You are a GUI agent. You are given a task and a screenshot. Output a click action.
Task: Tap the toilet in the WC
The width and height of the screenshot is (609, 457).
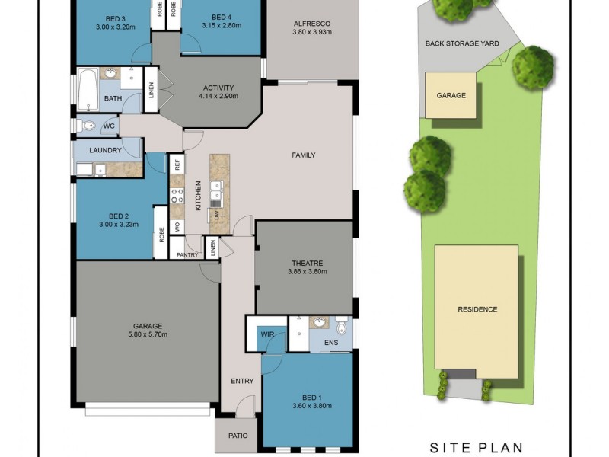pyautogui.click(x=87, y=126)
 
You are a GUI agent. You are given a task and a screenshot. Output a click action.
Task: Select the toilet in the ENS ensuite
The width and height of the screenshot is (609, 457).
pyautogui.click(x=342, y=328)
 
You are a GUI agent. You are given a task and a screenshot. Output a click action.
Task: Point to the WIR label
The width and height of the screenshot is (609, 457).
pyautogui.click(x=267, y=334)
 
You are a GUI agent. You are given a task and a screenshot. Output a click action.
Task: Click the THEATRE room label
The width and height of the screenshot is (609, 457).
pyautogui.click(x=305, y=264)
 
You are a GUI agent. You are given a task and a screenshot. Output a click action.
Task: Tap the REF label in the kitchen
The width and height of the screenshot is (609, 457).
pyautogui.click(x=177, y=163)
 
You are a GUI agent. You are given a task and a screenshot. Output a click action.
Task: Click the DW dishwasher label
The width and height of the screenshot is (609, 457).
pyautogui.click(x=216, y=215)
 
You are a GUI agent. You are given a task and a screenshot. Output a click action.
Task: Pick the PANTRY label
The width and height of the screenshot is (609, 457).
pyautogui.click(x=187, y=254)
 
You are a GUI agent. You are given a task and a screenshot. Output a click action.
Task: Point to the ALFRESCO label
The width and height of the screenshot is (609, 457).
pyautogui.click(x=311, y=23)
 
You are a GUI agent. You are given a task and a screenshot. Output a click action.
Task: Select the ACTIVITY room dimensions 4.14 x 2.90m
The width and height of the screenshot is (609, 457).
pyautogui.click(x=218, y=97)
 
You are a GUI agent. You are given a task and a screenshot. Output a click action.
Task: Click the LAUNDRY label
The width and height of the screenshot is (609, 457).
pyautogui.click(x=105, y=150)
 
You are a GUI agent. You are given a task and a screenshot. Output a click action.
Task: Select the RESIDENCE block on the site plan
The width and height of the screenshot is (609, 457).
pyautogui.click(x=477, y=309)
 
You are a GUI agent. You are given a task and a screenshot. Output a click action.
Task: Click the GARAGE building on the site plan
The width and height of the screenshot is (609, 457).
pyautogui.click(x=451, y=95)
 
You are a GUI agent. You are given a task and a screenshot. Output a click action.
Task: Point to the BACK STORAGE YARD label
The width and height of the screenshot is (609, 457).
pyautogui.click(x=462, y=43)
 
